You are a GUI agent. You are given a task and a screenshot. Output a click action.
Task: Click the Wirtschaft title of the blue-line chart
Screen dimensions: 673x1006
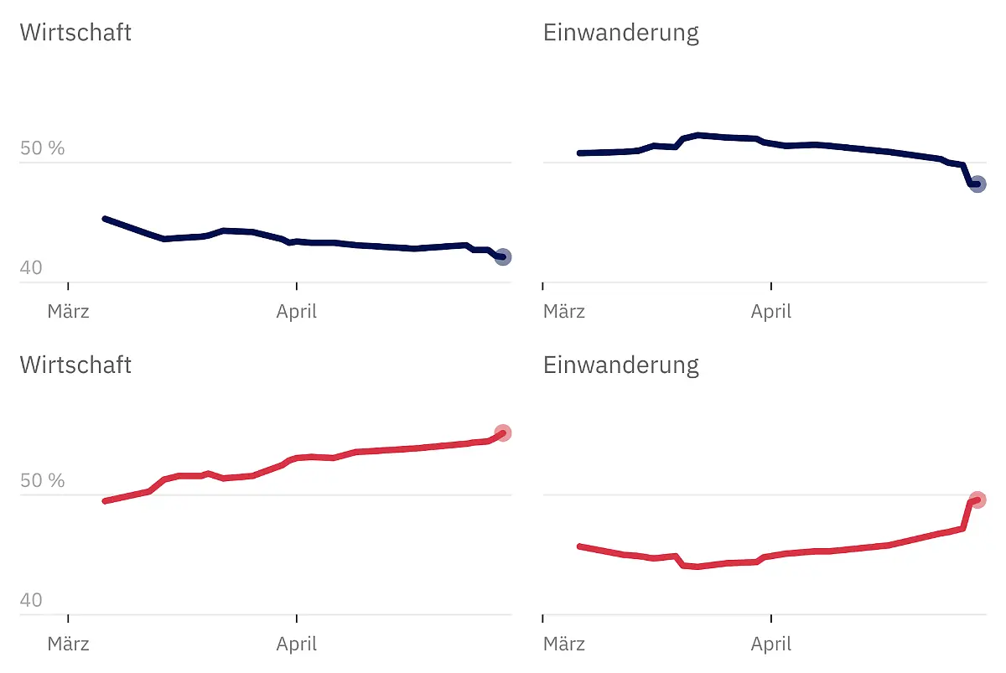pyautogui.click(x=75, y=33)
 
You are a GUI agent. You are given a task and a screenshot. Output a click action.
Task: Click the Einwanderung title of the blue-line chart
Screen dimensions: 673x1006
pyautogui.click(x=620, y=33)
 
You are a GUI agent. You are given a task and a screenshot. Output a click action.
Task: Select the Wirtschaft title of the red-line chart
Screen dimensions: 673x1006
pyautogui.click(x=75, y=365)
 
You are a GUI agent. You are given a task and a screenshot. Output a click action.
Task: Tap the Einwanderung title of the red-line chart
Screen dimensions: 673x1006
pyautogui.click(x=620, y=365)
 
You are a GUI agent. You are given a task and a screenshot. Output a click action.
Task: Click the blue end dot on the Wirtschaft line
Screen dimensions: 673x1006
pyautogui.click(x=502, y=257)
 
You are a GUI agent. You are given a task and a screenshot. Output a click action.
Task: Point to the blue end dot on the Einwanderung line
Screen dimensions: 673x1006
pyautogui.click(x=977, y=184)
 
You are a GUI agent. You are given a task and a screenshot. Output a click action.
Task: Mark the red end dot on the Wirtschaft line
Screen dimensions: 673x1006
pyautogui.click(x=503, y=433)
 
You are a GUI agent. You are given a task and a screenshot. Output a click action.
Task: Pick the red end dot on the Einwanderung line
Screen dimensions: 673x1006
pyautogui.click(x=977, y=500)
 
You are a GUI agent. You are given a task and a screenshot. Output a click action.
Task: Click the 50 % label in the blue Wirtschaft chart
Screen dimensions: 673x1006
pyautogui.click(x=42, y=148)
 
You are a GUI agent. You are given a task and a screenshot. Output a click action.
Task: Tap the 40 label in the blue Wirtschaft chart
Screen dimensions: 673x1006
pyautogui.click(x=31, y=268)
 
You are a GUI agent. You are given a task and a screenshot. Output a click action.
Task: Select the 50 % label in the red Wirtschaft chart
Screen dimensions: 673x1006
pyautogui.click(x=42, y=480)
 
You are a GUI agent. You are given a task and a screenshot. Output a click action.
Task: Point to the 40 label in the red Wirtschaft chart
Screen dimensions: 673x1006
pyautogui.click(x=31, y=600)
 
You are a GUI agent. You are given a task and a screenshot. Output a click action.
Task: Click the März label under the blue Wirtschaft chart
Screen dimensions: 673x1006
pyautogui.click(x=68, y=312)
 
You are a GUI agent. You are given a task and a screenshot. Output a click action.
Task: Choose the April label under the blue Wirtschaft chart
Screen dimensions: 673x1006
pyautogui.click(x=297, y=312)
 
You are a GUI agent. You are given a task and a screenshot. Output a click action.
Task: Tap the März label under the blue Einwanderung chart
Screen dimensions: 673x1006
pyautogui.click(x=564, y=312)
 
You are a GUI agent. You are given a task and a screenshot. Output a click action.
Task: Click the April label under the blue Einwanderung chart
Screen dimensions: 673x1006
pyautogui.click(x=771, y=312)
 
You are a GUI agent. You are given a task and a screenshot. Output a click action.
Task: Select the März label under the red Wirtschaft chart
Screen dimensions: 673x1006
pyautogui.click(x=68, y=644)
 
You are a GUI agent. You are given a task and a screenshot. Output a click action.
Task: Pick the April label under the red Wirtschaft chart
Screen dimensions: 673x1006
pyautogui.click(x=297, y=644)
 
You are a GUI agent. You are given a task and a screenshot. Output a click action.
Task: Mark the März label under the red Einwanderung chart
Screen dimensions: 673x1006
pyautogui.click(x=564, y=644)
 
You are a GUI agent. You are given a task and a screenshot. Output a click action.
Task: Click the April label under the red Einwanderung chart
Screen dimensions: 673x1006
pyautogui.click(x=771, y=644)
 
